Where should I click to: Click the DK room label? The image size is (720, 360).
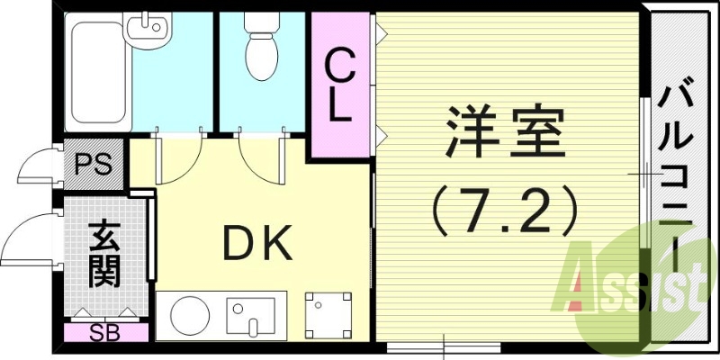[256, 244]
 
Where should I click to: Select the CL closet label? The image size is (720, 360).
[339, 86]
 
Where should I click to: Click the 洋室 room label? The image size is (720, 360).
[502, 133]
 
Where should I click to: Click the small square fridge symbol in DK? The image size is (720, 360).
[322, 311]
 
